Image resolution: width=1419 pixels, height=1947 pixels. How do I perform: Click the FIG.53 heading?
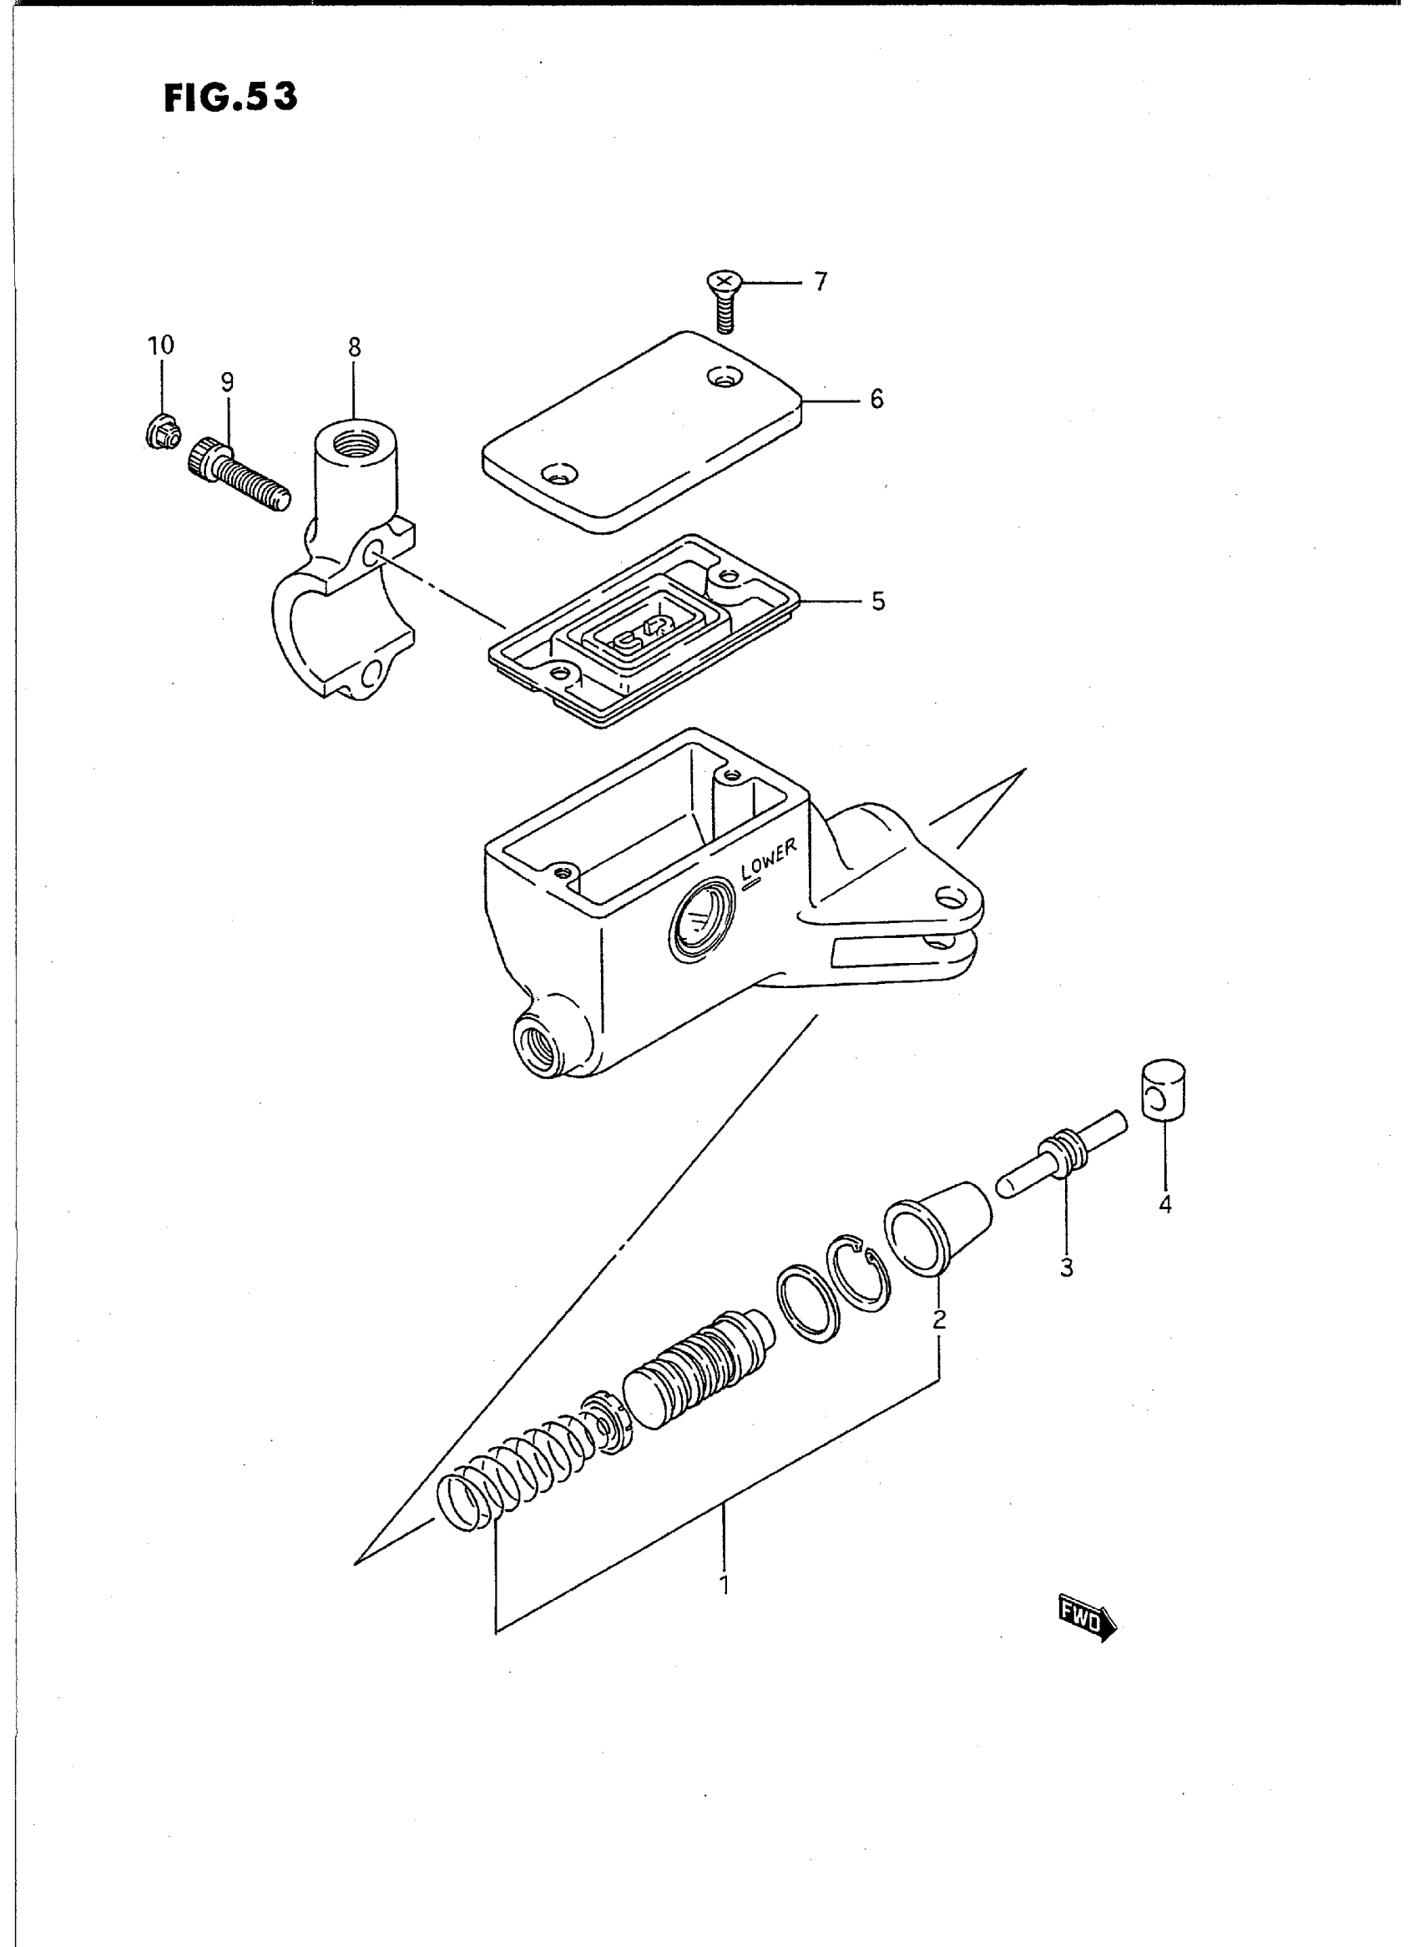pyautogui.click(x=230, y=98)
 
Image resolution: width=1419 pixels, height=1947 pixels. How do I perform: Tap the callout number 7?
pyautogui.click(x=821, y=282)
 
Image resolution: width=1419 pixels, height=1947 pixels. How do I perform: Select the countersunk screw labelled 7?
pyautogui.click(x=723, y=300)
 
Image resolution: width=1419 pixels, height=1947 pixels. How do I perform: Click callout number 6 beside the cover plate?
pyautogui.click(x=876, y=399)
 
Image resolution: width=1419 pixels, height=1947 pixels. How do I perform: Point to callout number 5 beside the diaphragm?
pyautogui.click(x=877, y=601)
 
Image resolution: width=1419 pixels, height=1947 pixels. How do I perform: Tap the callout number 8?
pyautogui.click(x=354, y=347)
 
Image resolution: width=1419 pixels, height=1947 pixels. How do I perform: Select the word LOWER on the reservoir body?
pyautogui.click(x=770, y=859)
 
